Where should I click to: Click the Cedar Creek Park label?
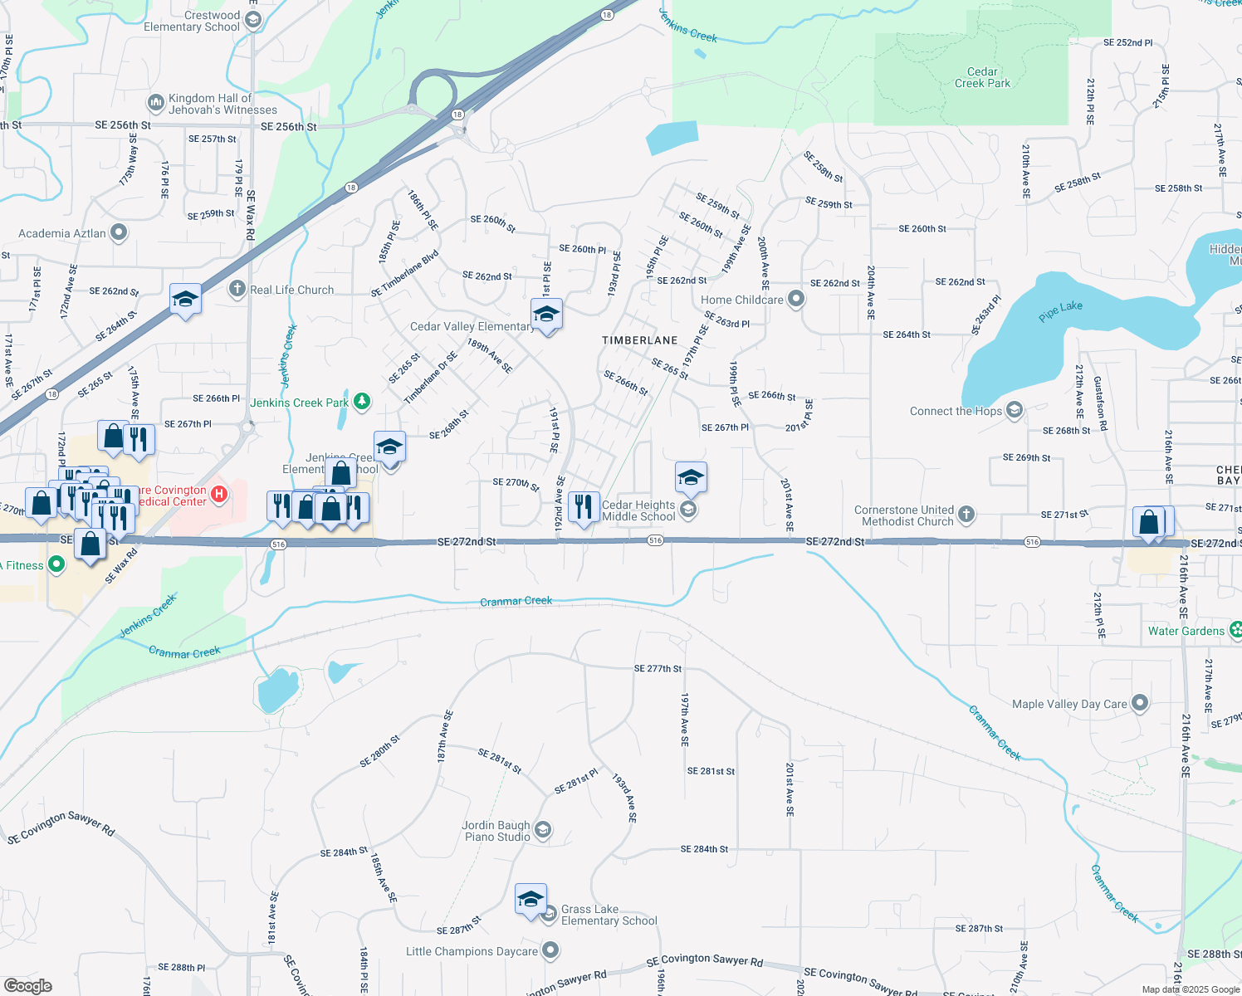coord(982,77)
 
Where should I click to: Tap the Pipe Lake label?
coord(1060,310)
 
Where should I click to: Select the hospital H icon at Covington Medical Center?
coord(219,495)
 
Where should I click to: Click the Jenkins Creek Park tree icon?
coord(362,403)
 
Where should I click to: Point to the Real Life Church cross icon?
coord(237,289)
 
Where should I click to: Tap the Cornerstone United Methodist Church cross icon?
coord(966,515)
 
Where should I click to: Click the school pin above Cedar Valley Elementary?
coord(546,315)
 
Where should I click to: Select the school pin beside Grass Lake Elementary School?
coord(531,899)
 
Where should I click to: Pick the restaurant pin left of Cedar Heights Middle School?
coord(584,506)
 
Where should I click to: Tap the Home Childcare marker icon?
coord(796,299)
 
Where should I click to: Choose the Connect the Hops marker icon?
coord(1014,410)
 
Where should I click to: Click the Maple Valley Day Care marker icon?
coord(1140,703)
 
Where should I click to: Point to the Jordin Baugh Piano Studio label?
coord(496,831)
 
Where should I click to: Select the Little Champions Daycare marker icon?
coord(550,950)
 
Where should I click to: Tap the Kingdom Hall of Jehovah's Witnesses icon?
coord(155,103)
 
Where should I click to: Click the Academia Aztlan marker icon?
coord(119,232)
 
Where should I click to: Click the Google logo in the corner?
coord(27,986)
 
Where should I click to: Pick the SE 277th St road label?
coord(658,668)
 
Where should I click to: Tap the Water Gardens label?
coord(1186,631)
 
